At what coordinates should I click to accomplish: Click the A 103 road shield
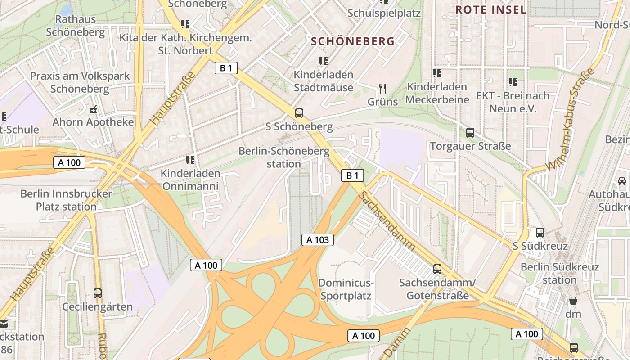pyautogui.click(x=318, y=240)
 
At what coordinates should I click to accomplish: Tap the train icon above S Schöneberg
pyautogui.click(x=299, y=113)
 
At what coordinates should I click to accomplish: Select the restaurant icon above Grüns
pyautogui.click(x=382, y=88)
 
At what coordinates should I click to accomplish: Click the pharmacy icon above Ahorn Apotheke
pyautogui.click(x=93, y=109)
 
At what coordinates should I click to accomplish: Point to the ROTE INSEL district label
pyautogui.click(x=490, y=10)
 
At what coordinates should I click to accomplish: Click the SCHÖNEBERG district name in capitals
pyautogui.click(x=353, y=41)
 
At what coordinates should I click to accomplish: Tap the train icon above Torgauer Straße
pyautogui.click(x=470, y=132)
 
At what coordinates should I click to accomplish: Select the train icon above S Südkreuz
pyautogui.click(x=540, y=233)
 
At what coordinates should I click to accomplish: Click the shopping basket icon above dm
pyautogui.click(x=573, y=300)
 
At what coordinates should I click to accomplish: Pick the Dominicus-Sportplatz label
pyautogui.click(x=346, y=289)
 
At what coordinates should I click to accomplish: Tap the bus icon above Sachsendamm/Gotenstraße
pyautogui.click(x=437, y=269)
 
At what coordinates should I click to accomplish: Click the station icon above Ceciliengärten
pyautogui.click(x=98, y=293)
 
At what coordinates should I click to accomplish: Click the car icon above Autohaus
pyautogui.click(x=622, y=180)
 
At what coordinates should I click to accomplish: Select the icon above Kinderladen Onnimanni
pyautogui.click(x=190, y=160)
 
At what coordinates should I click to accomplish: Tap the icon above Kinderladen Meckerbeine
pyautogui.click(x=437, y=73)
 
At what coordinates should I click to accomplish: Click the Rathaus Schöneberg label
pyautogui.click(x=75, y=26)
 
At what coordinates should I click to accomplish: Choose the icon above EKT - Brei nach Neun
pyautogui.click(x=513, y=82)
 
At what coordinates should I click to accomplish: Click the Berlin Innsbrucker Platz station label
pyautogui.click(x=66, y=200)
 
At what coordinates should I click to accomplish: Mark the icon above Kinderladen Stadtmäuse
pyautogui.click(x=323, y=61)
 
